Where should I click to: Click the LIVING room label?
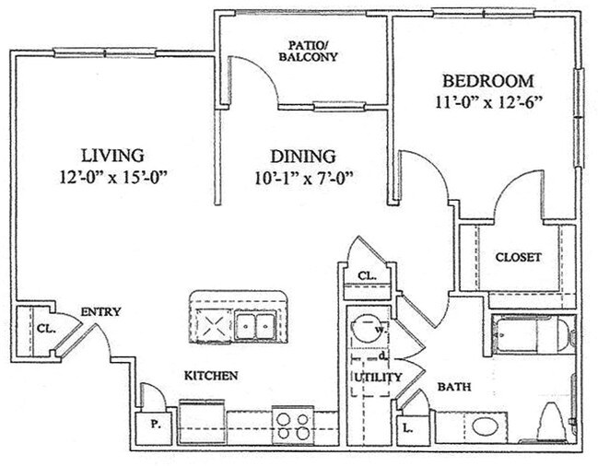click(113, 156)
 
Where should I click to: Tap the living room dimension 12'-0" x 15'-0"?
click(113, 178)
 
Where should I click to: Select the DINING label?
click(303, 157)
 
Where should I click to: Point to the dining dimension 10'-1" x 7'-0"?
click(303, 178)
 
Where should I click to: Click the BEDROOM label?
click(488, 81)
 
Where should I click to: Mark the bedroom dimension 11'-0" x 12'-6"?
click(488, 102)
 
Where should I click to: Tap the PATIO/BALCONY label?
click(308, 51)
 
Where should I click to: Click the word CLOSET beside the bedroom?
click(518, 257)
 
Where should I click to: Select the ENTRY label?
click(100, 311)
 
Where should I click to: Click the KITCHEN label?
click(211, 376)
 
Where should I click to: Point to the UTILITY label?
click(378, 378)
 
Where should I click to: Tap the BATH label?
click(454, 387)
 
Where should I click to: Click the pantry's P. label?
click(155, 424)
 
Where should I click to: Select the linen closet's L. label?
click(408, 428)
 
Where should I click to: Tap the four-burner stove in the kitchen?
click(293, 425)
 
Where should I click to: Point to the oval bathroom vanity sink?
click(485, 425)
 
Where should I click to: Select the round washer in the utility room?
click(366, 328)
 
